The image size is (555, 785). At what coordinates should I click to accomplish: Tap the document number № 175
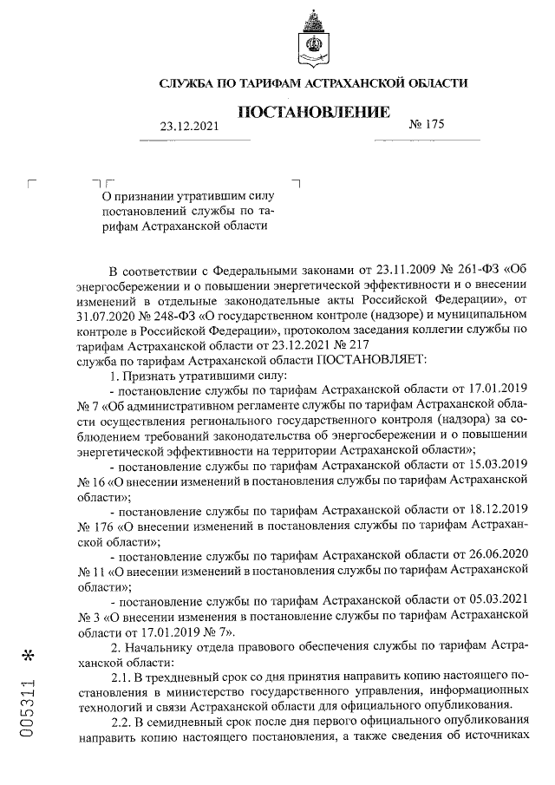(x=426, y=125)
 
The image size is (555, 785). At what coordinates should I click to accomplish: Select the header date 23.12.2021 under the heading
(x=190, y=127)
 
